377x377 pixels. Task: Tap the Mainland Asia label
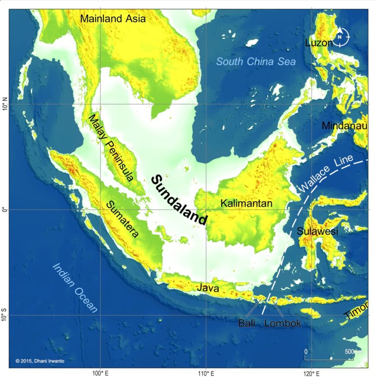pos(113,19)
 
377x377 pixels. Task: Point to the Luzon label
pos(318,42)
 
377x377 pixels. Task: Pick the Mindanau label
pos(344,126)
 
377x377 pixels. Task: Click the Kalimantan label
pos(246,203)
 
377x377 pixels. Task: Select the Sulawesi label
pos(317,231)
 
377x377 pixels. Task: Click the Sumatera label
pos(123,219)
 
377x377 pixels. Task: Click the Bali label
pos(247,323)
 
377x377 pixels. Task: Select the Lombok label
pos(282,323)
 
